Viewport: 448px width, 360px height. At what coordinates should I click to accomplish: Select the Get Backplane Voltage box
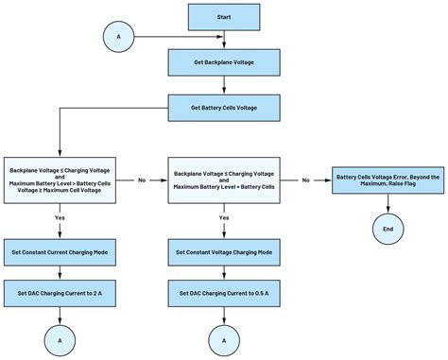223,62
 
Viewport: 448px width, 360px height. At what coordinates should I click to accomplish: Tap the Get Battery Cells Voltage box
223,107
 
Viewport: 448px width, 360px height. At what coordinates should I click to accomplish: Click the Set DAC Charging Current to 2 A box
60,295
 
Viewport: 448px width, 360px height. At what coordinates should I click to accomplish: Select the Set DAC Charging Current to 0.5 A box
223,295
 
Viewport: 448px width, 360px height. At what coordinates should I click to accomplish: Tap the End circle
387,228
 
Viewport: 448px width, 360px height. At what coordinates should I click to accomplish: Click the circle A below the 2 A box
60,339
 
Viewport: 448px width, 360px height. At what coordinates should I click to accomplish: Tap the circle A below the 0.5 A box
223,339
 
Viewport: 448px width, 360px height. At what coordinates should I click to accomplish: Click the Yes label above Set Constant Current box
60,217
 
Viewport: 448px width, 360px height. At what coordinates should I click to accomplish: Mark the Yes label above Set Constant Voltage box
223,217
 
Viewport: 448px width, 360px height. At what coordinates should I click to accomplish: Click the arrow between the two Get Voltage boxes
223,85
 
